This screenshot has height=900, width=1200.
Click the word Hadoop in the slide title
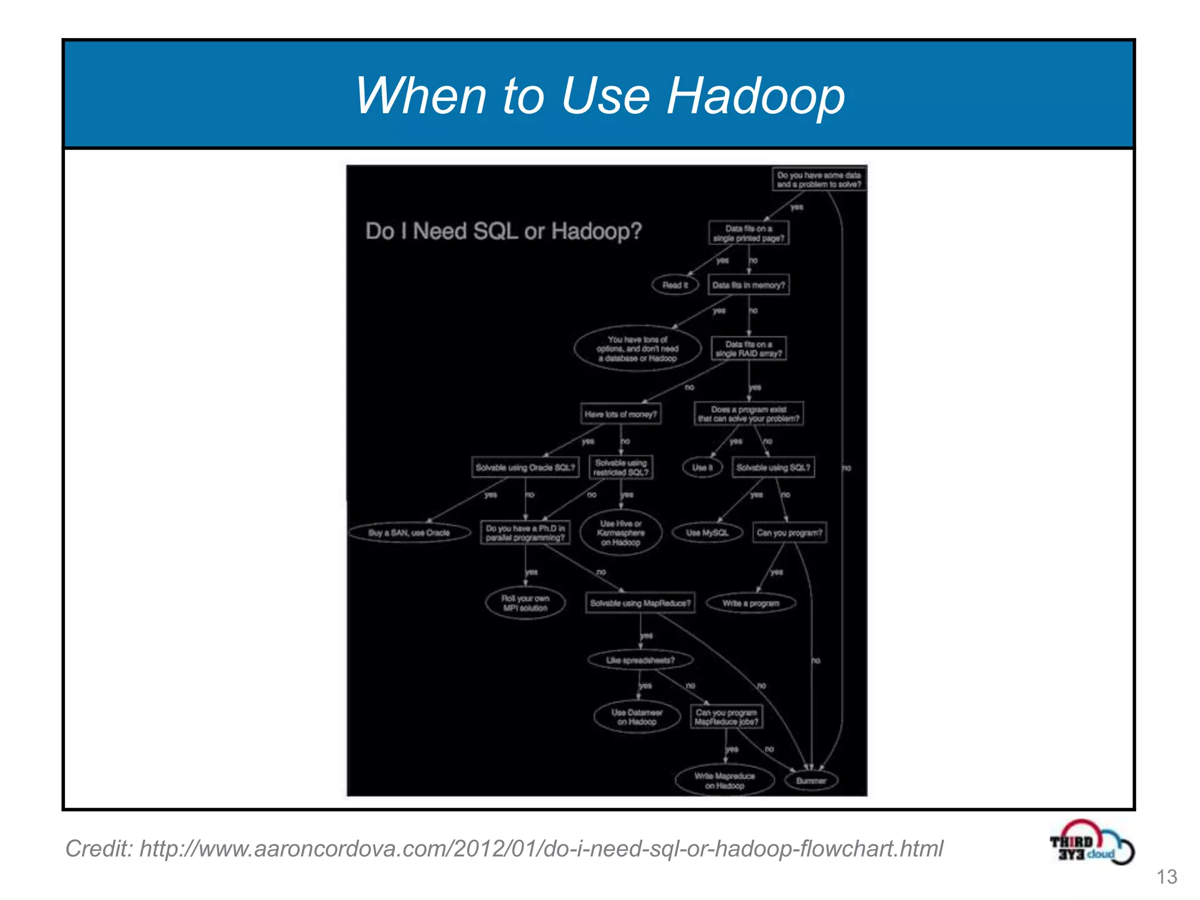(756, 96)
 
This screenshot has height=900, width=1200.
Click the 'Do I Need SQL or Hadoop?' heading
(503, 231)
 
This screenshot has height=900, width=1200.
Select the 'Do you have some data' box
(819, 179)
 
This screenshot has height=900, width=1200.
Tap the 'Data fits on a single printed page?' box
(748, 233)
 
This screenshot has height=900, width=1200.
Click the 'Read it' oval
(675, 285)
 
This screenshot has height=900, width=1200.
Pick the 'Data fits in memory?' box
(748, 285)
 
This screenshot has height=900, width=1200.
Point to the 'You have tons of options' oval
(637, 349)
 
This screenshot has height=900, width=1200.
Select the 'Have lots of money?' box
(621, 414)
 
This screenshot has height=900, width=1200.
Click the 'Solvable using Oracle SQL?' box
(525, 468)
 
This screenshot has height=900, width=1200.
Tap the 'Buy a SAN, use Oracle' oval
(409, 533)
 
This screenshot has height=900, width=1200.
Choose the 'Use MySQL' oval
(707, 533)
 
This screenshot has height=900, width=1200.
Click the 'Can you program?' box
(789, 533)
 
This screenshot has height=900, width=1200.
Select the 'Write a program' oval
(751, 603)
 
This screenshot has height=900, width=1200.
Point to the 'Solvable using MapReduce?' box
(640, 603)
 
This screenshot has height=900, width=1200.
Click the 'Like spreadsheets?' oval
(640, 660)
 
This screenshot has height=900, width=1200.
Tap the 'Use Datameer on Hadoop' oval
(637, 717)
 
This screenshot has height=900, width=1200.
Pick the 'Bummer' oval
(811, 780)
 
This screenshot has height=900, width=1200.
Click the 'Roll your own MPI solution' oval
(525, 603)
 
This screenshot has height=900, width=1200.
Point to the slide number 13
(1166, 877)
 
